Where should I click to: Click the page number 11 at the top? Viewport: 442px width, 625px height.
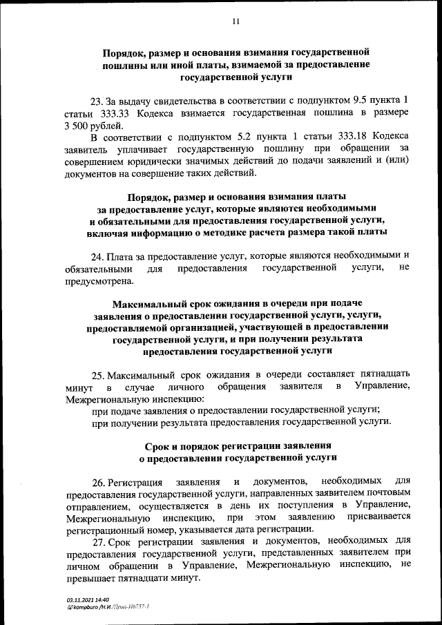click(x=236, y=22)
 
